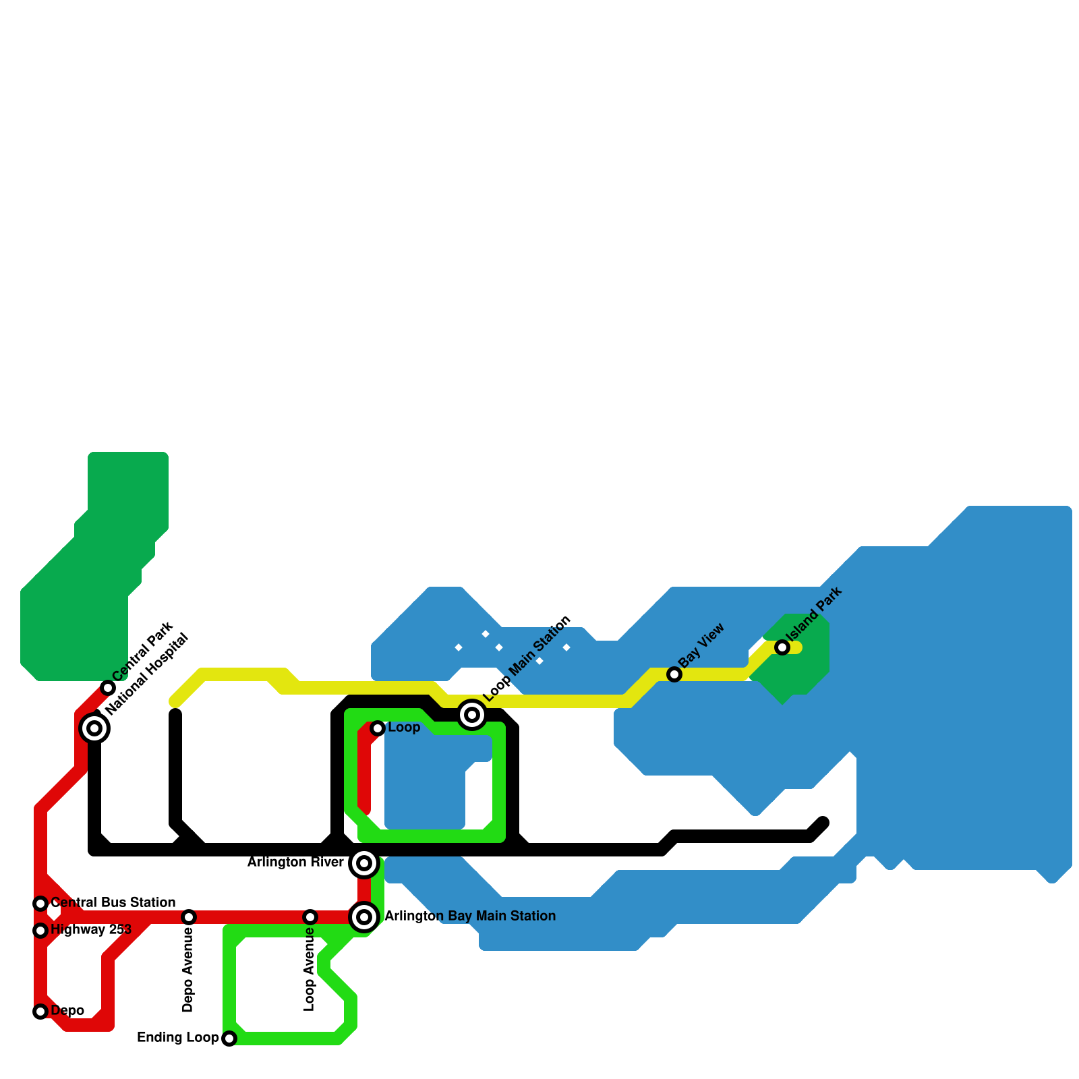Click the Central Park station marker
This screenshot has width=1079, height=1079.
click(x=108, y=688)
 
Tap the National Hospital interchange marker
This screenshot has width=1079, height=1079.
click(x=94, y=728)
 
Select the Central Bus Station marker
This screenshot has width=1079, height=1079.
click(x=40, y=904)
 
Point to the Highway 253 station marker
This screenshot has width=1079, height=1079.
click(x=40, y=931)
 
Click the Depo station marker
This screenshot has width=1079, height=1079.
click(x=40, y=1012)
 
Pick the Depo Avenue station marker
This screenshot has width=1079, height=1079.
click(x=189, y=917)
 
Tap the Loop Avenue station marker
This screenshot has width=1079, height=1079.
click(x=310, y=917)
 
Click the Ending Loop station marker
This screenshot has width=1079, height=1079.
click(x=229, y=1039)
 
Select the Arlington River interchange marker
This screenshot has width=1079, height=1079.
click(x=364, y=863)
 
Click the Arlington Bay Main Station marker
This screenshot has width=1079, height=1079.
click(x=364, y=917)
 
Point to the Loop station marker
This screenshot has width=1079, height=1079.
click(x=378, y=728)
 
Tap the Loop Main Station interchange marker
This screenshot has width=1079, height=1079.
click(x=472, y=715)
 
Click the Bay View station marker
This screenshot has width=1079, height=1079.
click(x=674, y=674)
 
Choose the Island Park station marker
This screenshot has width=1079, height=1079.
click(x=782, y=647)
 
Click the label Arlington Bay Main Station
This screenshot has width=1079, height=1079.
click(x=470, y=916)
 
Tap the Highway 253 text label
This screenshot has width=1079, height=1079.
click(x=91, y=930)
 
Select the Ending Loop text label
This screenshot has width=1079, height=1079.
click(x=178, y=1038)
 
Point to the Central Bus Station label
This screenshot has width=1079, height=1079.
click(x=113, y=903)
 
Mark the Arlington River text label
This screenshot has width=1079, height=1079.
click(x=295, y=863)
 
